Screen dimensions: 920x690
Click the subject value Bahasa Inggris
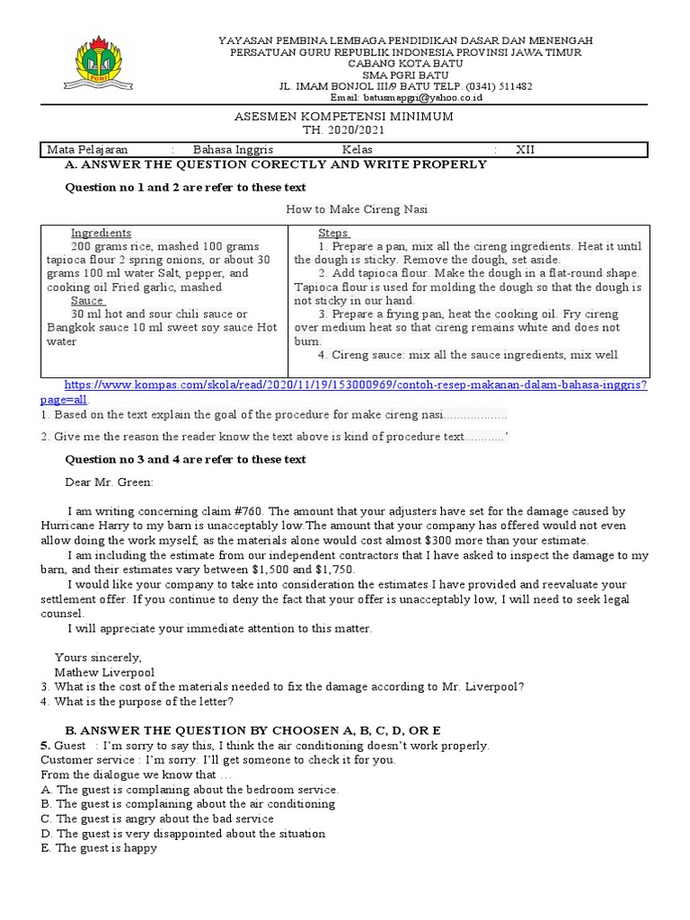coord(233,150)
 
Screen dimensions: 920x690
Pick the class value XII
coord(525,150)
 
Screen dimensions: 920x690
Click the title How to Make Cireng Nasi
coord(357,209)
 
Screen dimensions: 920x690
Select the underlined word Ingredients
coord(101,233)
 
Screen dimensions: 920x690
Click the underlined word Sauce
coord(86,301)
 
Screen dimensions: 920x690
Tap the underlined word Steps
coord(333,233)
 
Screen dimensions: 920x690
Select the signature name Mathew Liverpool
coord(104,672)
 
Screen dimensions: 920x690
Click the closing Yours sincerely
coord(98,658)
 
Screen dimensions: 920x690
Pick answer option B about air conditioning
coord(189,804)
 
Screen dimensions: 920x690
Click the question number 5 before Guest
coord(45,746)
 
